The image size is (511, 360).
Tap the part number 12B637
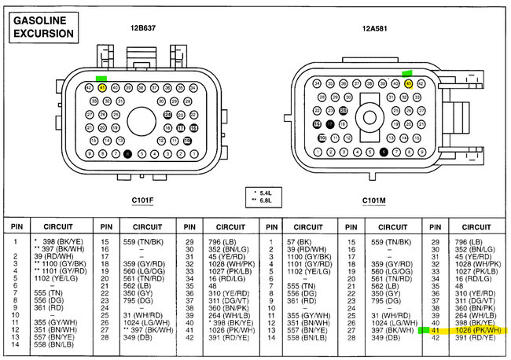(x=144, y=28)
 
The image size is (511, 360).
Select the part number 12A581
(x=376, y=28)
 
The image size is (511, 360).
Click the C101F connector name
(x=142, y=200)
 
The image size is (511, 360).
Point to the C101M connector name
(x=374, y=200)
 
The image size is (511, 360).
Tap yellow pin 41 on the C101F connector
(x=102, y=87)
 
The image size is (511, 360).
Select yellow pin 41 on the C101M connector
(x=408, y=83)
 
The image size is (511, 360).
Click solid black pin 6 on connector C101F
(x=127, y=153)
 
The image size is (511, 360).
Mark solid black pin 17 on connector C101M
(x=330, y=124)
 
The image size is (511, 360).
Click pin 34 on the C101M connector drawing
(x=317, y=83)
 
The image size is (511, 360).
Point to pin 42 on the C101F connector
(x=90, y=87)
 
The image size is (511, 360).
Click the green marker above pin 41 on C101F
(x=101, y=78)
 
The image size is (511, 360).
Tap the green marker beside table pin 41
(x=425, y=331)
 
